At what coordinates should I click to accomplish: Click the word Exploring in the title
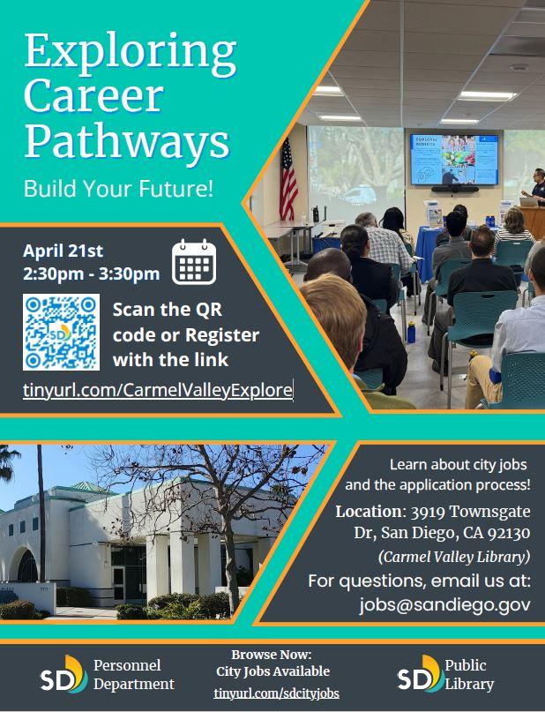click(x=131, y=56)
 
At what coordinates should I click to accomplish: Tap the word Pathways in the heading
click(x=127, y=140)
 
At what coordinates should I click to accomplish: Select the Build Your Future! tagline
click(x=118, y=189)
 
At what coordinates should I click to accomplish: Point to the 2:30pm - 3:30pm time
click(x=91, y=274)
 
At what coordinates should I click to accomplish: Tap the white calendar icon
click(x=194, y=261)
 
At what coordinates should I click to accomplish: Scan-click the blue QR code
click(x=61, y=332)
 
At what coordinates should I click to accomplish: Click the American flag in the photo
click(x=288, y=179)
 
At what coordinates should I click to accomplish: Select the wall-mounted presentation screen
click(x=453, y=159)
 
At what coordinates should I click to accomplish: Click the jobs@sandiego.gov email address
click(x=444, y=605)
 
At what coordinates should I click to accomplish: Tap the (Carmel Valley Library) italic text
click(x=453, y=557)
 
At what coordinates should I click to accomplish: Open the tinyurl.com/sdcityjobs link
click(x=276, y=693)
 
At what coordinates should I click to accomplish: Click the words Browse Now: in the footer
click(x=272, y=655)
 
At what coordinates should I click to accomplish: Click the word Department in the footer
click(x=134, y=684)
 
